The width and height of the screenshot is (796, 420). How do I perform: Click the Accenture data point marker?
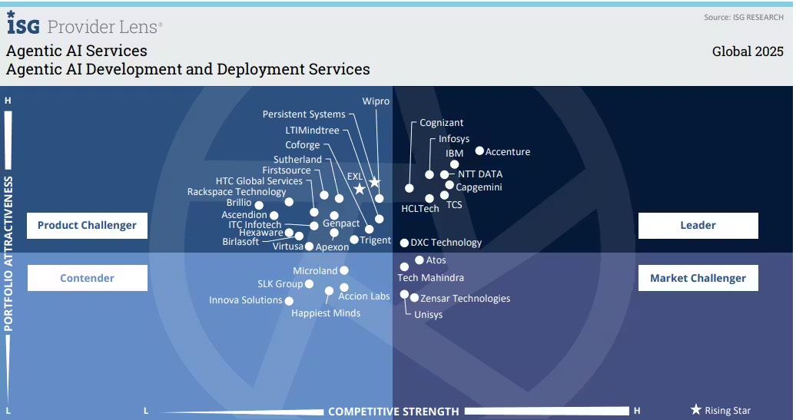coord(479,151)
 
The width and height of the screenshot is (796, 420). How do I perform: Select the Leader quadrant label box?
coord(698,226)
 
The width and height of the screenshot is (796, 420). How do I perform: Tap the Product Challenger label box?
coord(87,226)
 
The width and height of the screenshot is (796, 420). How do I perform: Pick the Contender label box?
coord(87,278)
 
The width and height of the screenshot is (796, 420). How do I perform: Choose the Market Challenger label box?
coord(698,278)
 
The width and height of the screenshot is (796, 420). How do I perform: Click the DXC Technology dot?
coord(405,243)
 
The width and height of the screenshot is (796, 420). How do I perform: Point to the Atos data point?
coord(420,260)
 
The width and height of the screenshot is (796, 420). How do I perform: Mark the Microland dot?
coord(344,270)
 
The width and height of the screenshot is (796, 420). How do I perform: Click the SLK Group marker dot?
coord(309,284)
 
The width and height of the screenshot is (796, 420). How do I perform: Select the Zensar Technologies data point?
coord(415,298)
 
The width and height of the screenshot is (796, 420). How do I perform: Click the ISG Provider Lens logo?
coord(85,25)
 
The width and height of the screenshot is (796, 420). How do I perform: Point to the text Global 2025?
coord(748,51)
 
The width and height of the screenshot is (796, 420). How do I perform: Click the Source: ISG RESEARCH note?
coord(744,18)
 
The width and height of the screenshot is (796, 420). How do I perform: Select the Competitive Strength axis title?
coord(393,412)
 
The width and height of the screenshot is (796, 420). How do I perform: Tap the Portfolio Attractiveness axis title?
coord(10,253)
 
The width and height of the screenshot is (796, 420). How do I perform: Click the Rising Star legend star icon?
coord(696,410)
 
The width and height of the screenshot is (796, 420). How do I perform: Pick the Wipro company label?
coord(376,101)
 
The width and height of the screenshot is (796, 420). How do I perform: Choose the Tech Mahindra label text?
coord(430,278)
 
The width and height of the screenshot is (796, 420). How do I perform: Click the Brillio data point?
coord(259,205)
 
